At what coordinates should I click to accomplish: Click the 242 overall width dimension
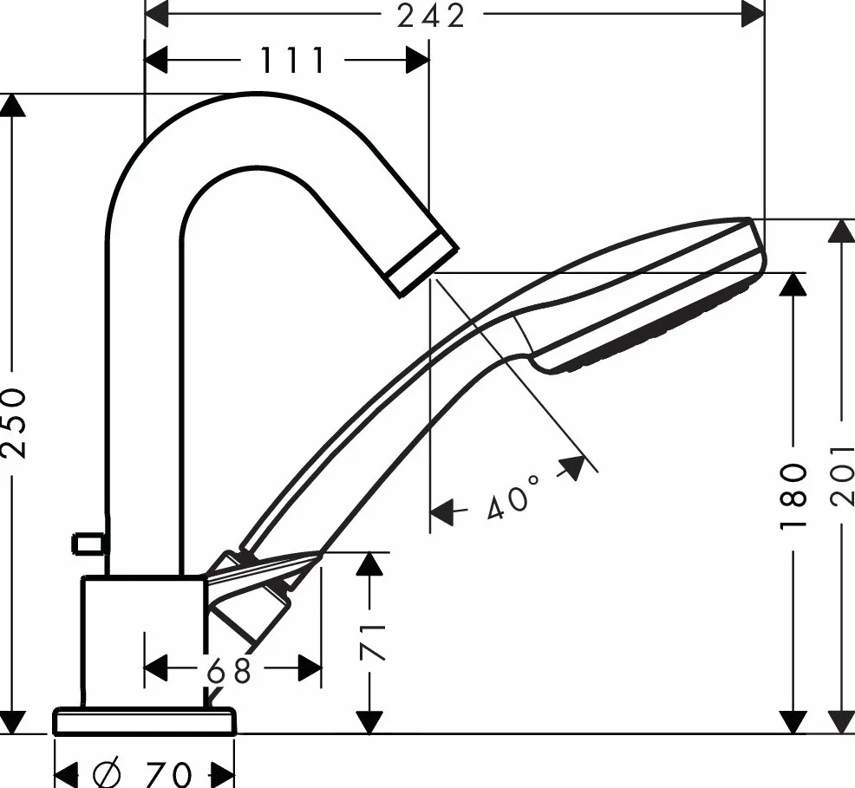click(x=431, y=16)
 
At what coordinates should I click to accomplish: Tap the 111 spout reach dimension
click(x=293, y=60)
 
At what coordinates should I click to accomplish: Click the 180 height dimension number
click(x=793, y=495)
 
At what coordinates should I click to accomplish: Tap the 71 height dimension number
click(x=372, y=642)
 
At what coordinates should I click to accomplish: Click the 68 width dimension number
click(x=229, y=670)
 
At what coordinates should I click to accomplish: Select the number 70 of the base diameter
click(x=169, y=774)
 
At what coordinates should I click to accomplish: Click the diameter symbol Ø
click(x=108, y=774)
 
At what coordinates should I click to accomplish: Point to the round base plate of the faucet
click(x=145, y=721)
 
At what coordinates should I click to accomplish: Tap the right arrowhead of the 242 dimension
click(x=754, y=14)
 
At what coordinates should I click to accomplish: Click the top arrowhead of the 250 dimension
click(x=12, y=105)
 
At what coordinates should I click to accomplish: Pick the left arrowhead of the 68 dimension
click(x=155, y=668)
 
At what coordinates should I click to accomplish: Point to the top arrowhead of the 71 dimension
click(x=370, y=563)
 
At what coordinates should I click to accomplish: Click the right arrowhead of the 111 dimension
click(x=417, y=60)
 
